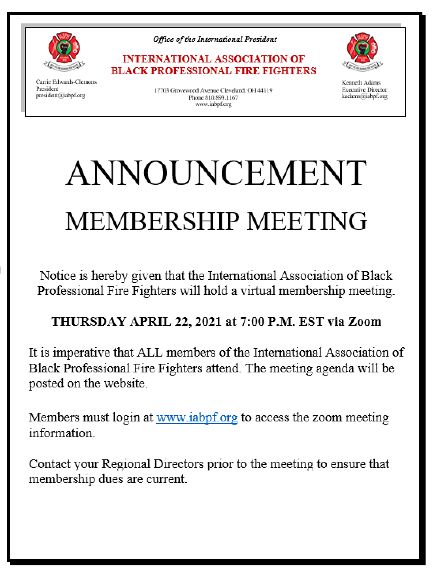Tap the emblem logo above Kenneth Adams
tap(362, 51)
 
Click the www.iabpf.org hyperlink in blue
tap(197, 417)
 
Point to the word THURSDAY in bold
tap(89, 321)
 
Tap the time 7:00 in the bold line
tap(252, 321)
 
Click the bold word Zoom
tap(365, 321)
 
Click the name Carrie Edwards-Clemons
tap(66, 82)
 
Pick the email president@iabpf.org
tap(60, 95)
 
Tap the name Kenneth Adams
tap(361, 83)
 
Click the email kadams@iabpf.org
tap(364, 96)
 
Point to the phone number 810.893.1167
tap(221, 97)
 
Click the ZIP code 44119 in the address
tap(265, 91)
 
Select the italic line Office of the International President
tap(215, 39)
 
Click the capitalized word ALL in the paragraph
tap(147, 352)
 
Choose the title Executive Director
tap(364, 89)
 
